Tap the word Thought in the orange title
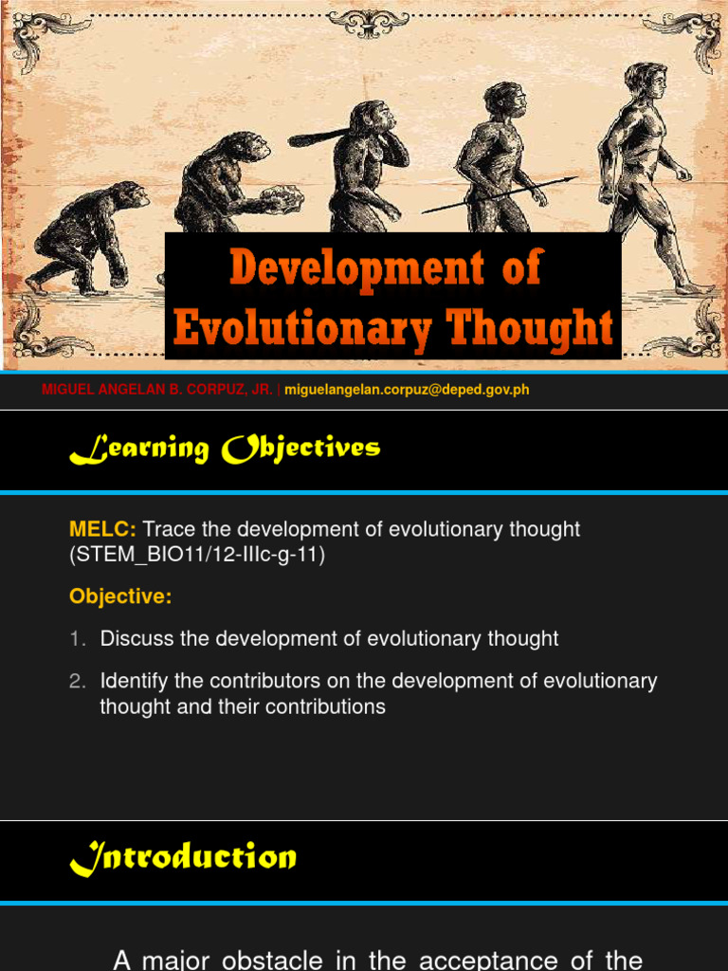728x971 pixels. click(x=531, y=327)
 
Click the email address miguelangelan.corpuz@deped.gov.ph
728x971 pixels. click(x=407, y=390)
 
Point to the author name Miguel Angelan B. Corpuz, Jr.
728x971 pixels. click(x=157, y=390)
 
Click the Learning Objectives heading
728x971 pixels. click(x=225, y=449)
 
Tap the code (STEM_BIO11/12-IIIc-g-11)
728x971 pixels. click(x=197, y=556)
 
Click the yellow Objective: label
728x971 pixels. click(x=120, y=596)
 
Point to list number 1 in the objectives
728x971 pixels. click(x=77, y=639)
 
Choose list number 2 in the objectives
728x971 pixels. click(x=77, y=681)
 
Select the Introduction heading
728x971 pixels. click(x=183, y=858)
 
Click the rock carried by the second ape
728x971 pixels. click(x=279, y=197)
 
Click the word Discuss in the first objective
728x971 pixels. click(x=136, y=639)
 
